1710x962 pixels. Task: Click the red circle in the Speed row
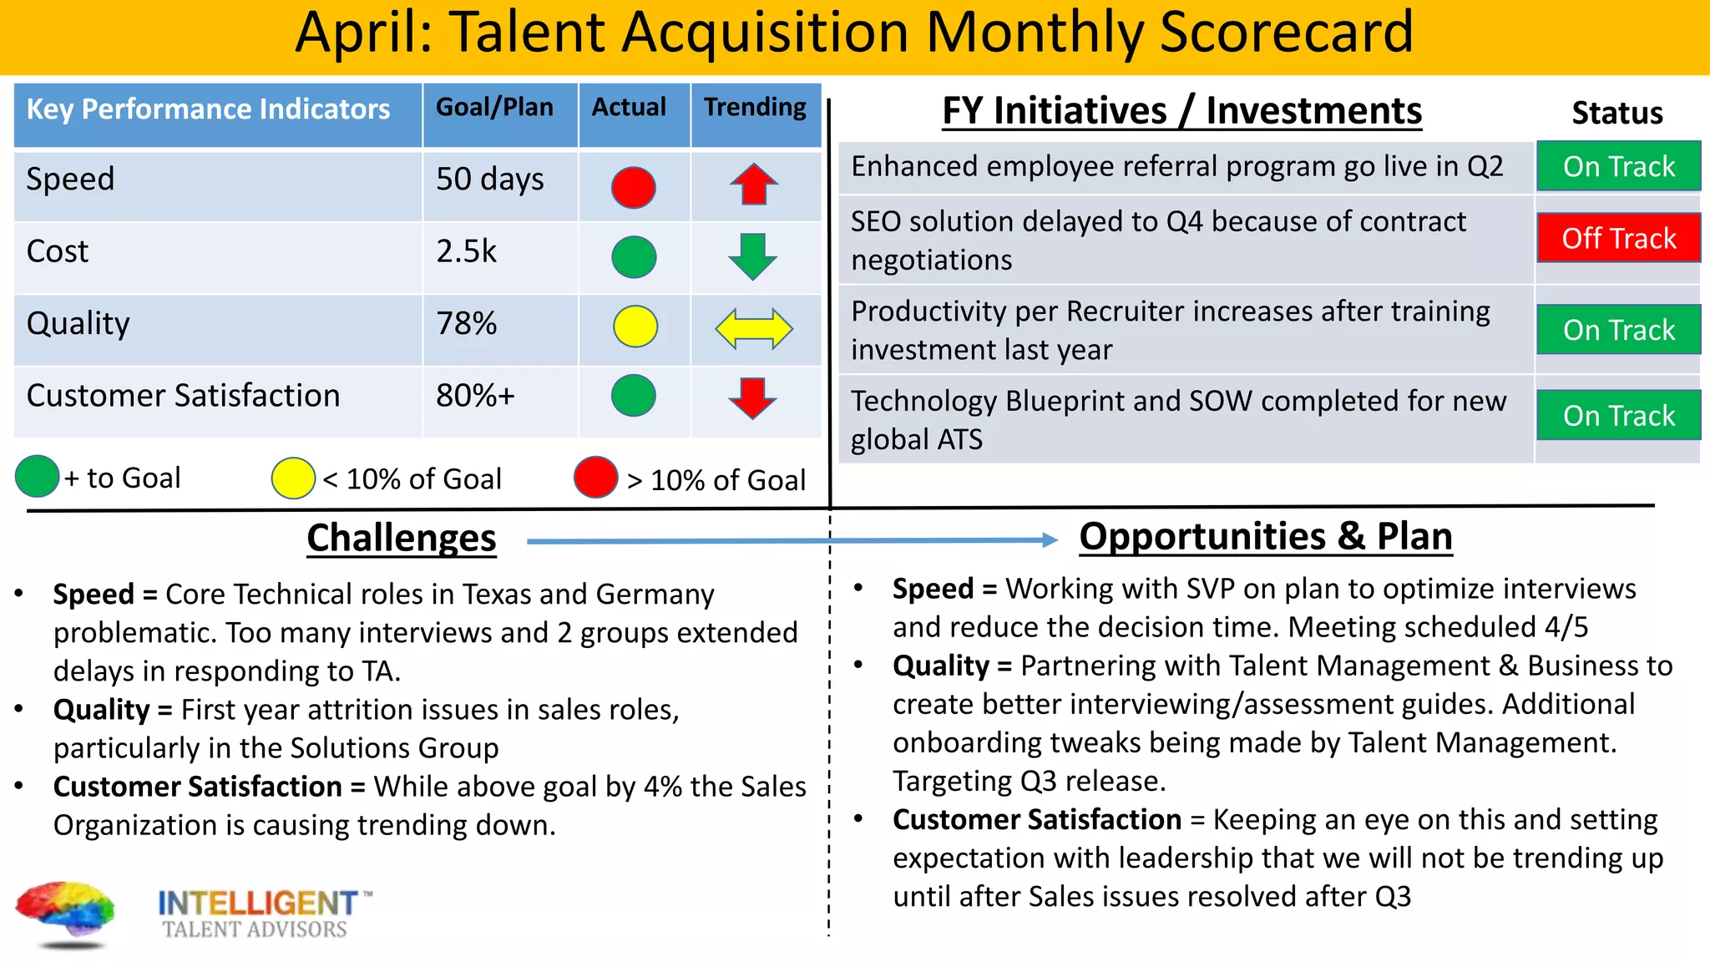pos(633,187)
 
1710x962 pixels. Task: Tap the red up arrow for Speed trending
pos(754,184)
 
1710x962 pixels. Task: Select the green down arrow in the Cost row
pos(753,256)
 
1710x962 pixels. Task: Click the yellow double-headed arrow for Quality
pos(754,328)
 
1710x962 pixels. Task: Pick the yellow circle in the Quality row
pos(635,327)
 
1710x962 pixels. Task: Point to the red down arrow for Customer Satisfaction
pos(753,397)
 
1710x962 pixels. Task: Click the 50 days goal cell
pos(490,180)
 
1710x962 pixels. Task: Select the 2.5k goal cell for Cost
pos(467,251)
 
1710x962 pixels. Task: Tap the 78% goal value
pos(467,324)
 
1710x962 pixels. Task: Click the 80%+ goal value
pos(475,396)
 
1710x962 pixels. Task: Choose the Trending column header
pos(755,108)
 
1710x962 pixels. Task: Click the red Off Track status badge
pos(1618,238)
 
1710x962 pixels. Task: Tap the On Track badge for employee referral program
pos(1618,166)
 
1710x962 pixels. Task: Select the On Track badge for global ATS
pos(1618,415)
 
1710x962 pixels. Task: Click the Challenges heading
pos(402,538)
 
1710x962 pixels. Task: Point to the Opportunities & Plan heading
pos(1265,536)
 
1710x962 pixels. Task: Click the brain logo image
pos(65,913)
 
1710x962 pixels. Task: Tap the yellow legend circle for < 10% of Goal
pos(293,478)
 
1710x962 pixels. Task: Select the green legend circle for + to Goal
pos(38,477)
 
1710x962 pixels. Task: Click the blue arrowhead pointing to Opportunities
pos(1050,540)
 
